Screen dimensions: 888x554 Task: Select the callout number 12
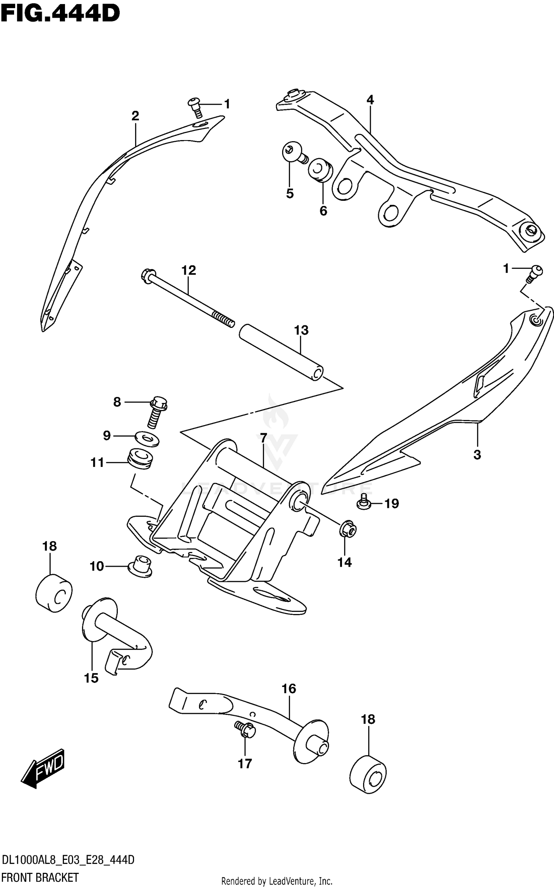click(188, 270)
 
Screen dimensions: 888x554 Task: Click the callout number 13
click(301, 330)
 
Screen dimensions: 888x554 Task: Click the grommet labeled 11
click(140, 460)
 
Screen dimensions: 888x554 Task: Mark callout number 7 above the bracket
click(263, 438)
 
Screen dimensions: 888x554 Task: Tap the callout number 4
click(370, 99)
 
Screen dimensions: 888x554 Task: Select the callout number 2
click(135, 116)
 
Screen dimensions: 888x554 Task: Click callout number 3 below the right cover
click(477, 455)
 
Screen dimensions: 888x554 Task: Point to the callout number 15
click(91, 678)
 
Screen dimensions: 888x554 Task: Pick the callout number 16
click(289, 688)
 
